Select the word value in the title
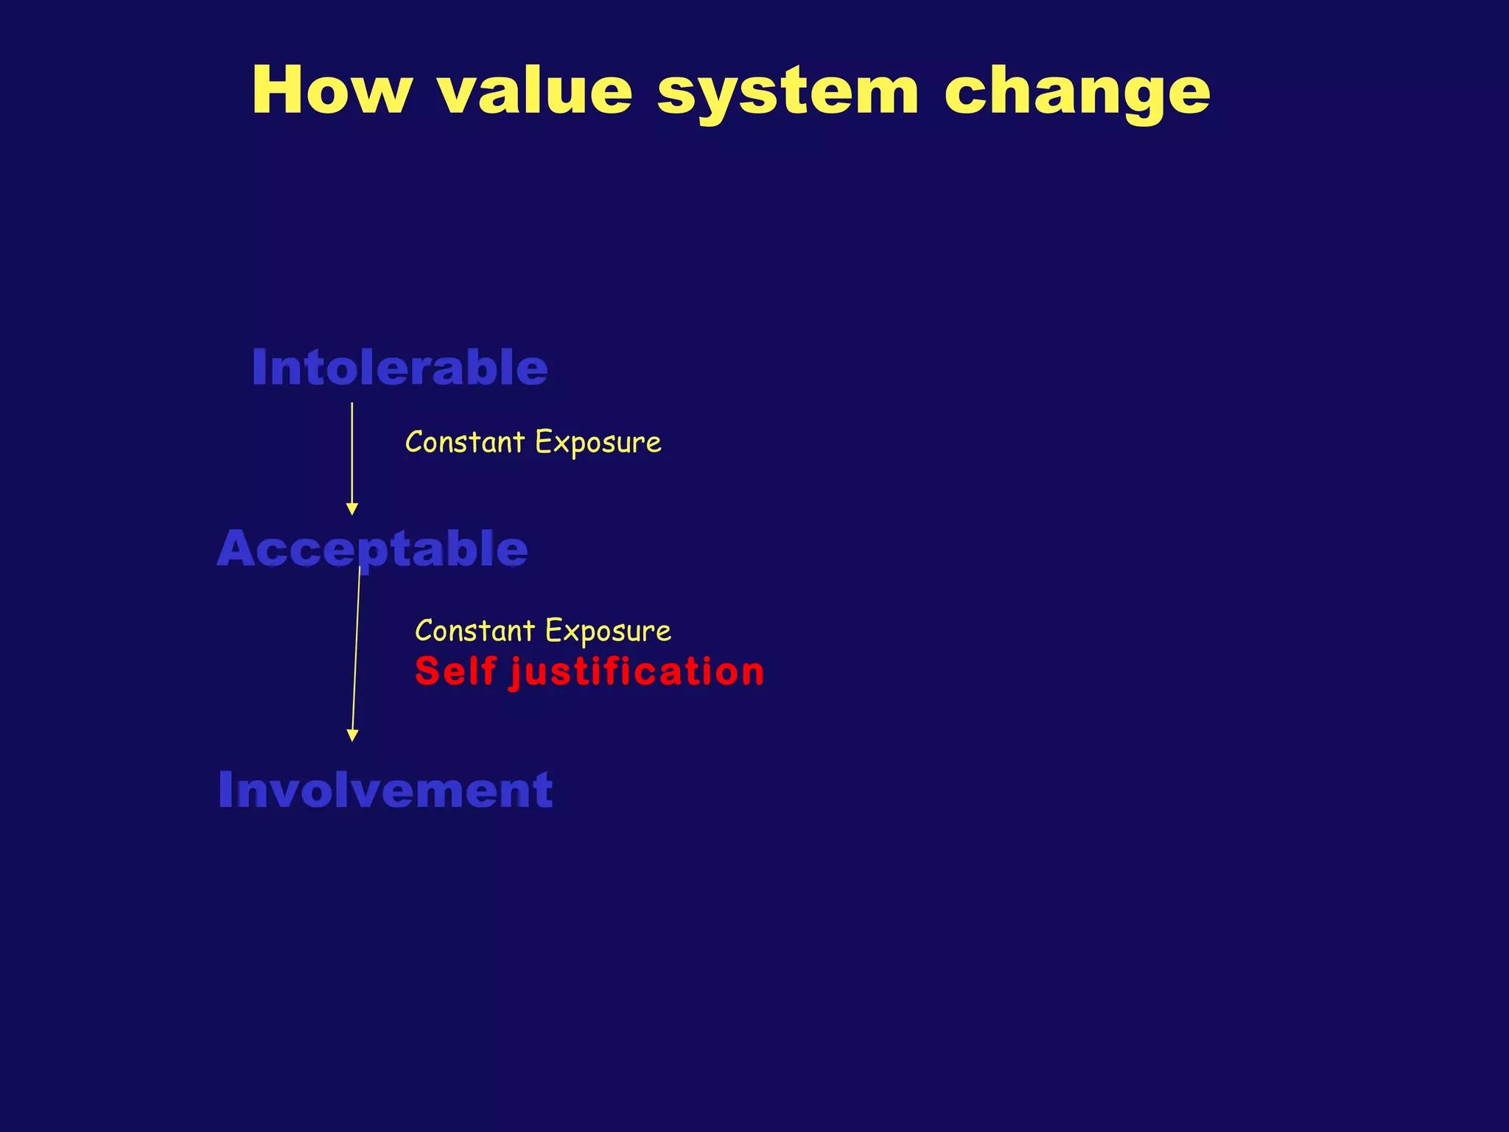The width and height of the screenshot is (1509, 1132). pyautogui.click(x=534, y=91)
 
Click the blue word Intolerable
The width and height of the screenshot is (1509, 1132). pyautogui.click(x=399, y=368)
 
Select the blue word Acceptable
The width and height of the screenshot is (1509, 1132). pyautogui.click(x=372, y=549)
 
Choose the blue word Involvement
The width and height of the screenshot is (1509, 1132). pyautogui.click(x=385, y=790)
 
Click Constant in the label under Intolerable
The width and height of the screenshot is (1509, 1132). pyautogui.click(x=465, y=443)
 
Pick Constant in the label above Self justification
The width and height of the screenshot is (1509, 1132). pyautogui.click(x=475, y=632)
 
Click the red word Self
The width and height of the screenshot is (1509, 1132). pyautogui.click(x=455, y=671)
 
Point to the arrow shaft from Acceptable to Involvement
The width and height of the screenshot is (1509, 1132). pyautogui.click(x=356, y=649)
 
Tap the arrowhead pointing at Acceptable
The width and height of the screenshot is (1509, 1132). pyautogui.click(x=352, y=509)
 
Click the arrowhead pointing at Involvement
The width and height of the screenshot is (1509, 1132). pyautogui.click(x=352, y=735)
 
